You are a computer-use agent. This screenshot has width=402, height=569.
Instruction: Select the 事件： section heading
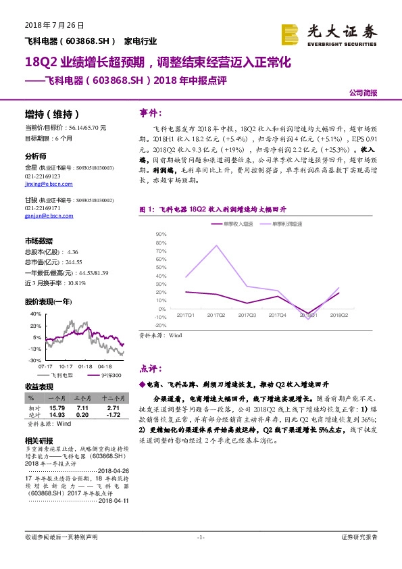150,112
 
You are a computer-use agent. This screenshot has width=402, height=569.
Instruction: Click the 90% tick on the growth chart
161,234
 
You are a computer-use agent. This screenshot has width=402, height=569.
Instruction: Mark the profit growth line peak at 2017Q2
216,245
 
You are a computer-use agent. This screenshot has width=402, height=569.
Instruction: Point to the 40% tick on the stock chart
34,314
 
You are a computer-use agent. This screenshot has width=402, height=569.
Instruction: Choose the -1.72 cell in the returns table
113,414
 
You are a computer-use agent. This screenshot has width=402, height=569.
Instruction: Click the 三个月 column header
82,399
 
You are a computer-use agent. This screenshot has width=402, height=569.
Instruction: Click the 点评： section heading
150,369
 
